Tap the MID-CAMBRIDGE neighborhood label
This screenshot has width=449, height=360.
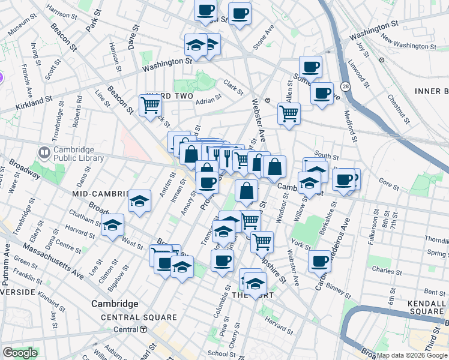tap(100, 194)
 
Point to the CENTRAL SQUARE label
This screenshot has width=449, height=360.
tap(139, 317)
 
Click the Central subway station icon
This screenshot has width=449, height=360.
tap(143, 329)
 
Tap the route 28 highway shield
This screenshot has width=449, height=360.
tap(345, 86)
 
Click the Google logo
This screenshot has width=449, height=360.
tap(19, 353)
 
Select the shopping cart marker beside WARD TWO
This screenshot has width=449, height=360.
tap(150, 106)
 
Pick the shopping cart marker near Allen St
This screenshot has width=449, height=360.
tap(289, 113)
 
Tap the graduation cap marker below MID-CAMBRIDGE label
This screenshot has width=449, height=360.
tap(139, 201)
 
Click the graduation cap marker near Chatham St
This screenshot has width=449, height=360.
tap(112, 226)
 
